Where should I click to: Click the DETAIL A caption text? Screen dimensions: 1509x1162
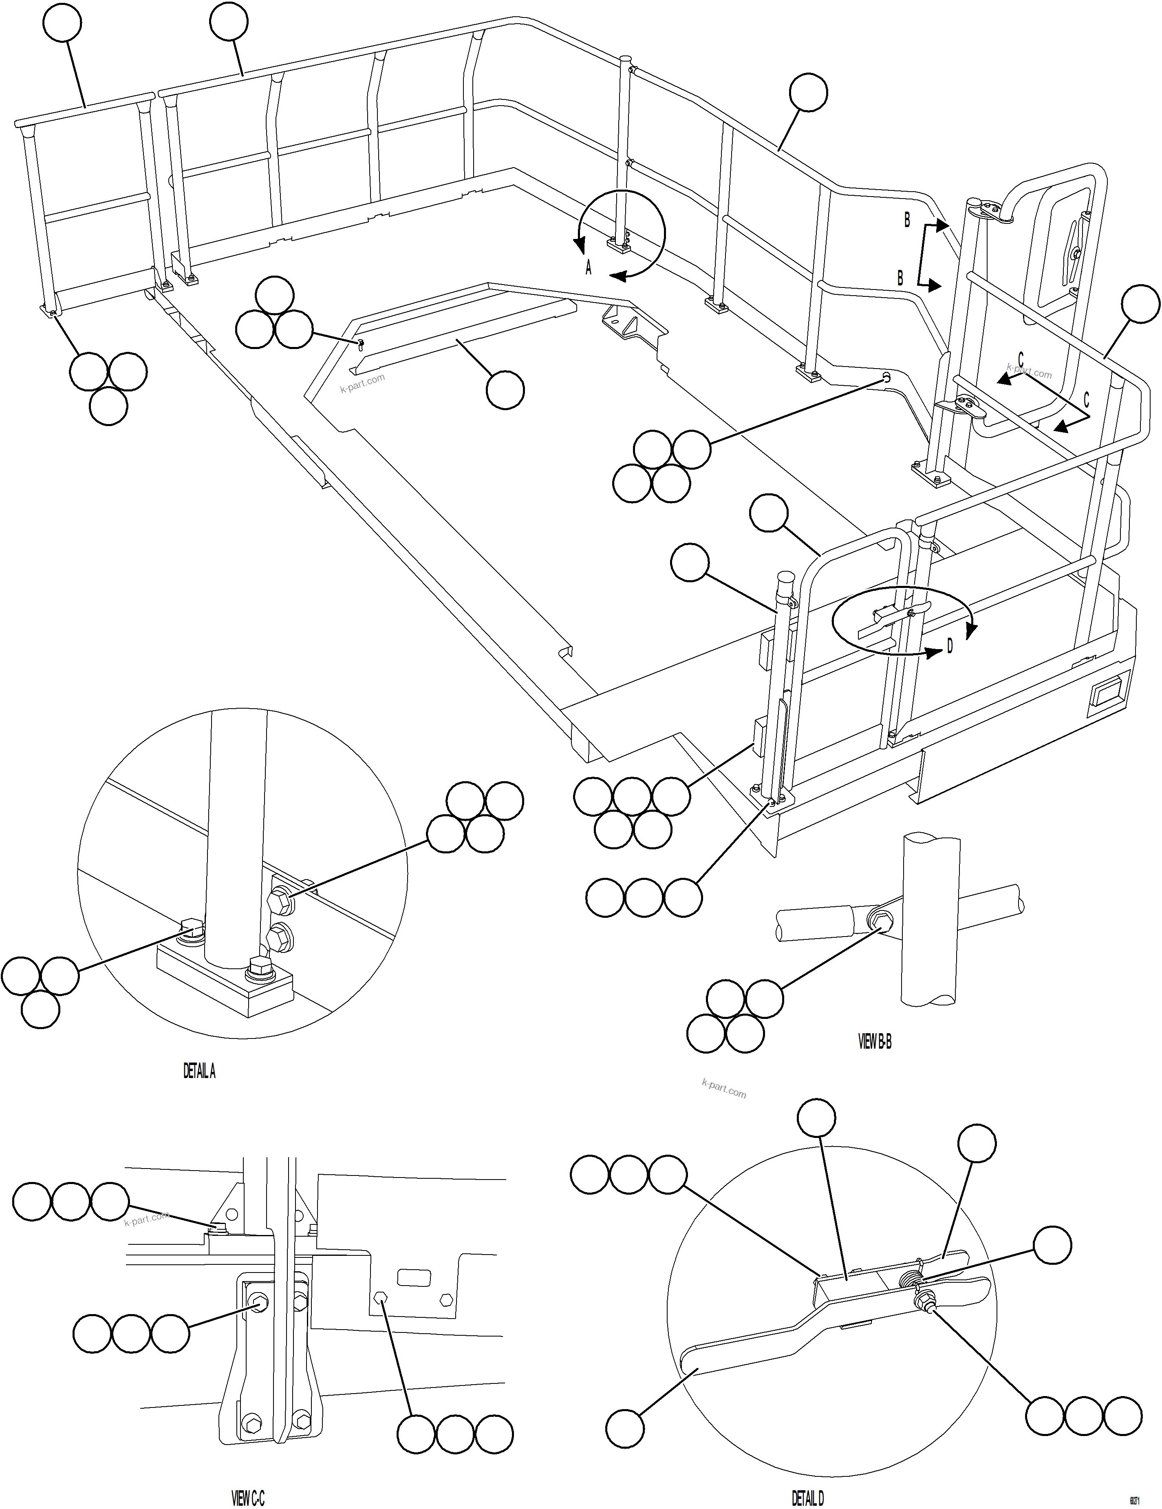pyautogui.click(x=199, y=1071)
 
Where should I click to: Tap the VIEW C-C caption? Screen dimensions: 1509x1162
pyautogui.click(x=247, y=1498)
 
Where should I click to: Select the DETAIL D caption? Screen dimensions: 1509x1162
pyautogui.click(x=807, y=1498)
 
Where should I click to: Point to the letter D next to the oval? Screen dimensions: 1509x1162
pyautogui.click(x=950, y=646)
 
